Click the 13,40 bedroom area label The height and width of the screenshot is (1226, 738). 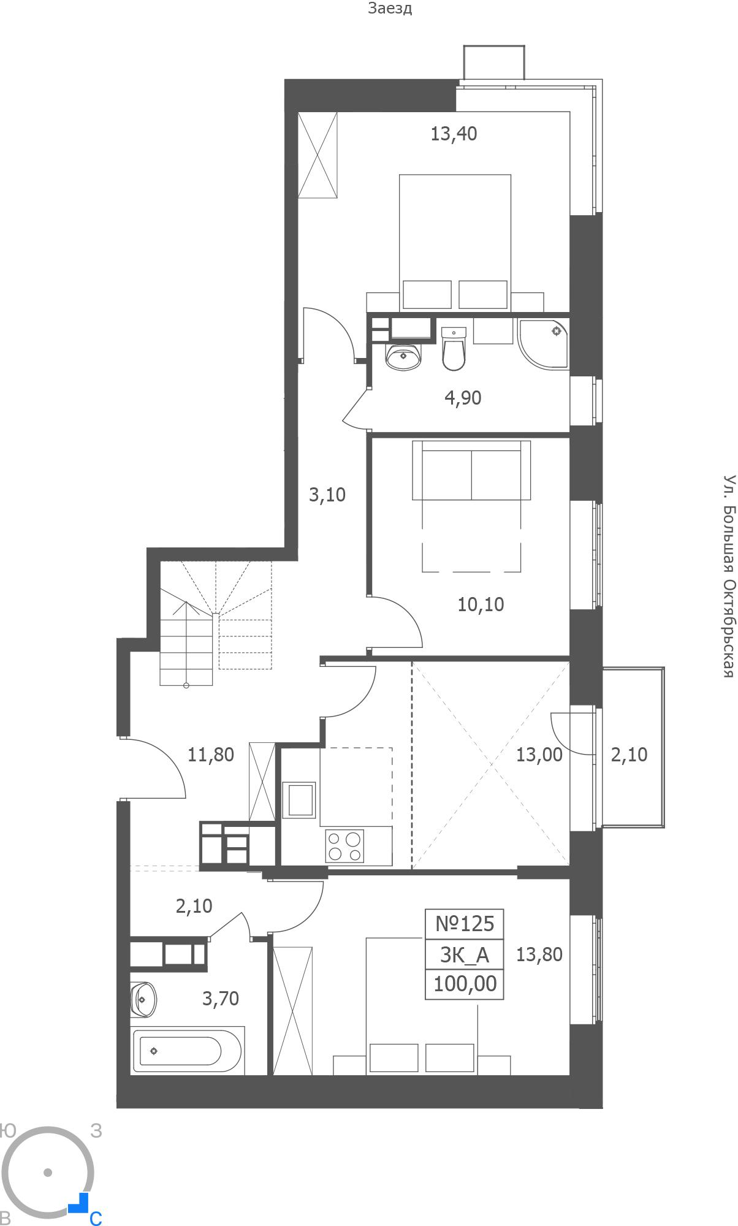point(454,133)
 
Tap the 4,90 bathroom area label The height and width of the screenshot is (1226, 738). point(463,398)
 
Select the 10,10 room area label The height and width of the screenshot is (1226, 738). point(481,604)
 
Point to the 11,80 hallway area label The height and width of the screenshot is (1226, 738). point(211,755)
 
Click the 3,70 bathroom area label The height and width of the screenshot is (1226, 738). point(221,999)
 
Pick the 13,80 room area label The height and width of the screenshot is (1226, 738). point(539,954)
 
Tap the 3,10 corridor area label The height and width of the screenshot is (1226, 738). point(327,495)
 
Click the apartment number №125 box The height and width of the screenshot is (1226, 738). point(465,924)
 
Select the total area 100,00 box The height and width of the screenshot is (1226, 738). point(465,984)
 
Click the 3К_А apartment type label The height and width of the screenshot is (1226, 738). point(465,954)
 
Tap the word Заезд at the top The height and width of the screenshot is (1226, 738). point(390,9)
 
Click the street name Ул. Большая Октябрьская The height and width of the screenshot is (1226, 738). point(728,576)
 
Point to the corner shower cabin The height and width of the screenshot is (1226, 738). point(543,343)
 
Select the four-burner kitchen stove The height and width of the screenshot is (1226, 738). point(344,847)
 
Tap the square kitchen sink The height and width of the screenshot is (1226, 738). point(299,800)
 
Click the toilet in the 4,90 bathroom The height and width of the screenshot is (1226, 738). point(454,349)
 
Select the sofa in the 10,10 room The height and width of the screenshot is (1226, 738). point(471,470)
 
